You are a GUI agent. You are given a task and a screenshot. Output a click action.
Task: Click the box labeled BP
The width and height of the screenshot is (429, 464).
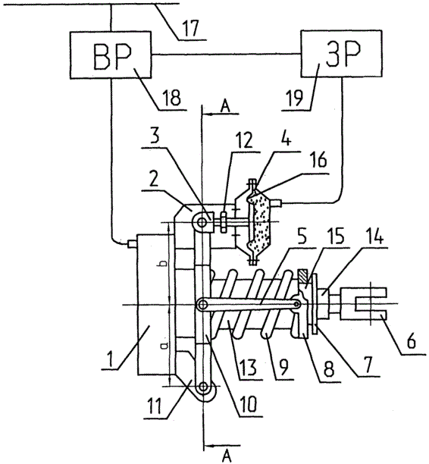click(x=111, y=55)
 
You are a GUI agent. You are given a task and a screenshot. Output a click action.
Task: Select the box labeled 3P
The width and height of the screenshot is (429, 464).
click(x=341, y=54)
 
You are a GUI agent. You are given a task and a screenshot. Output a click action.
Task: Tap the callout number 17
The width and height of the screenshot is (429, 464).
click(x=191, y=28)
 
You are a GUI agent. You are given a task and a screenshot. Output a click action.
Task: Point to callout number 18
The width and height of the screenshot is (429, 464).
click(x=172, y=97)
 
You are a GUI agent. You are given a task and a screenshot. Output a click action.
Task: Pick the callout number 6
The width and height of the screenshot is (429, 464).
click(x=412, y=341)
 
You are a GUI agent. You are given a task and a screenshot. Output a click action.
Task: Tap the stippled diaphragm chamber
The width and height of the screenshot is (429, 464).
click(x=259, y=220)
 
